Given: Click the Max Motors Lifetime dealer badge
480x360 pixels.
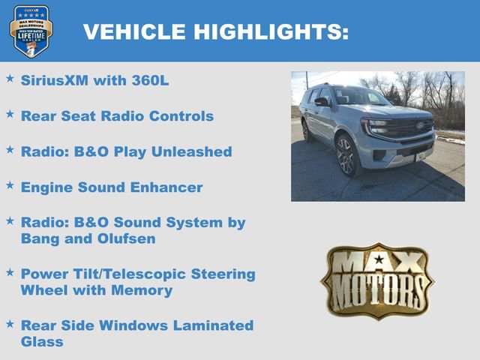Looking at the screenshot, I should click(31, 31).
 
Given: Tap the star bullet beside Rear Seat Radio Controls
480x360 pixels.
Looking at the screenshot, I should click(10, 114).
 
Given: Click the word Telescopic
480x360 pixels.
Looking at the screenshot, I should click(166, 274).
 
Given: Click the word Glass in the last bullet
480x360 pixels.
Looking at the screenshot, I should click(42, 341).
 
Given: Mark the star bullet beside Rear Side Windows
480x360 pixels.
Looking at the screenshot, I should click(10, 323).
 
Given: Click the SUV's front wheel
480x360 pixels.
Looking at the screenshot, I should click(346, 154).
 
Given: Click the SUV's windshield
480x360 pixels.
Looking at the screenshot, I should click(361, 97).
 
